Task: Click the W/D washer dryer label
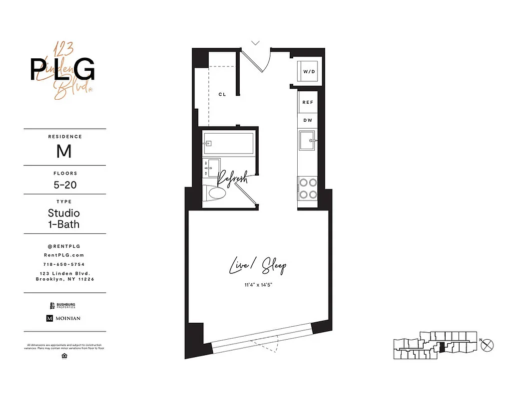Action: (x=309, y=72)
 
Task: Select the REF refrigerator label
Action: (x=308, y=102)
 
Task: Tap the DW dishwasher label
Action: (x=308, y=120)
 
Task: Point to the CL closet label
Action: (x=222, y=94)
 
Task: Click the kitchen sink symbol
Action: (x=308, y=141)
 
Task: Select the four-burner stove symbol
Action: (x=308, y=189)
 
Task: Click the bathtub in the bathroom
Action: (x=228, y=144)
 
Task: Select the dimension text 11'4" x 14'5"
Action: (x=258, y=285)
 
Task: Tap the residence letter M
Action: (x=64, y=151)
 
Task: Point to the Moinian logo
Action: (x=63, y=318)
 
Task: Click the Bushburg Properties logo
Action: (x=62, y=305)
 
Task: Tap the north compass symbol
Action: (x=489, y=344)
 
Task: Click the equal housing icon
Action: (x=64, y=356)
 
